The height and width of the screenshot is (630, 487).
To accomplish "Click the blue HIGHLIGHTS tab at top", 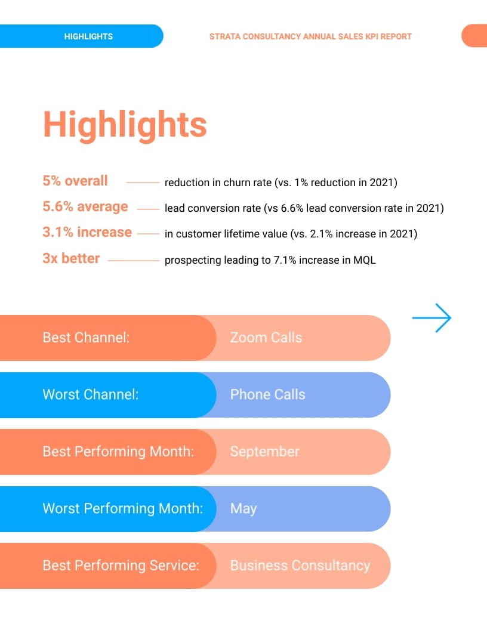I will click(x=88, y=36).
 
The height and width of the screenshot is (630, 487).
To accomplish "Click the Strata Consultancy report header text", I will click(x=310, y=36).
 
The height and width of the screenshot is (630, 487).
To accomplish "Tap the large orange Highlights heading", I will click(x=125, y=125).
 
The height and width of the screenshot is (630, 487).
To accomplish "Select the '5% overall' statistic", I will click(x=75, y=181).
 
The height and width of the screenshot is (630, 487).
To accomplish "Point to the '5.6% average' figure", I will click(x=85, y=206).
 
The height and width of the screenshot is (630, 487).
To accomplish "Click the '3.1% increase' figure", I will click(x=87, y=232).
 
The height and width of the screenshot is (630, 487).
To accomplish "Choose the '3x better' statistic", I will click(x=71, y=258).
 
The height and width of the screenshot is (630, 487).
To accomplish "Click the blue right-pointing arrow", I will click(x=431, y=318).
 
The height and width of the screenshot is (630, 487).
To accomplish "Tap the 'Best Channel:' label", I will click(x=86, y=338).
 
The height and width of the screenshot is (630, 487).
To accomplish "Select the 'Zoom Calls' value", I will click(x=266, y=338).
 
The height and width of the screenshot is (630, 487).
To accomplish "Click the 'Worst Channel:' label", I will click(x=90, y=394).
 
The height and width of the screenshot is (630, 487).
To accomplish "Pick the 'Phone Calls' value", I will click(x=267, y=394).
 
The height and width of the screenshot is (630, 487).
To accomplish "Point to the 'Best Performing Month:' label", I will click(x=118, y=452).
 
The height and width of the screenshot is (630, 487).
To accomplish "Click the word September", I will click(x=264, y=452).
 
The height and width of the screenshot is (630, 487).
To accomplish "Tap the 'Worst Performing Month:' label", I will click(x=122, y=509).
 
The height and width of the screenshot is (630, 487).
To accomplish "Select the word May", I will click(x=243, y=509).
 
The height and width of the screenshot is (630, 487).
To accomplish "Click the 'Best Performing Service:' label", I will click(x=121, y=566).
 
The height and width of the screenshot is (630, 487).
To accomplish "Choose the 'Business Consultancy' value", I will click(x=300, y=566).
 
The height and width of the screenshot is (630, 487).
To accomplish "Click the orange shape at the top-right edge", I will click(x=475, y=36).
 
